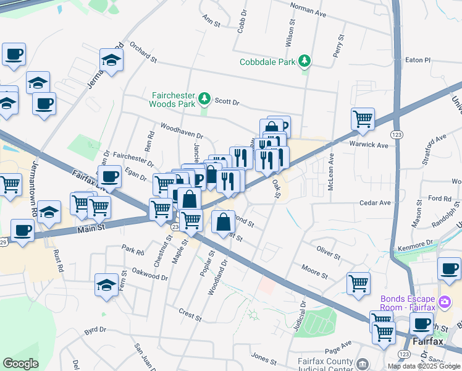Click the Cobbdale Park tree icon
(304, 61)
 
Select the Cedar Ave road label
(376, 202)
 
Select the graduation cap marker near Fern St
(107, 285)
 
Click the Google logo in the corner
(20, 364)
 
